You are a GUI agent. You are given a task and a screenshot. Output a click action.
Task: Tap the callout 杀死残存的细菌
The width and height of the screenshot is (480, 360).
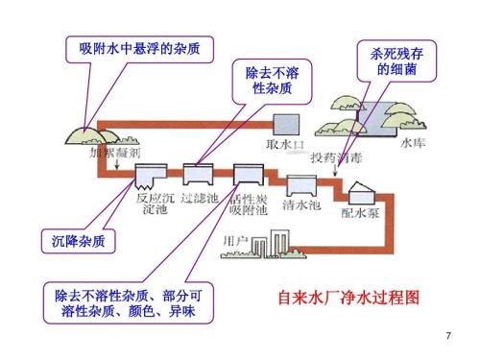(395, 62)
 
